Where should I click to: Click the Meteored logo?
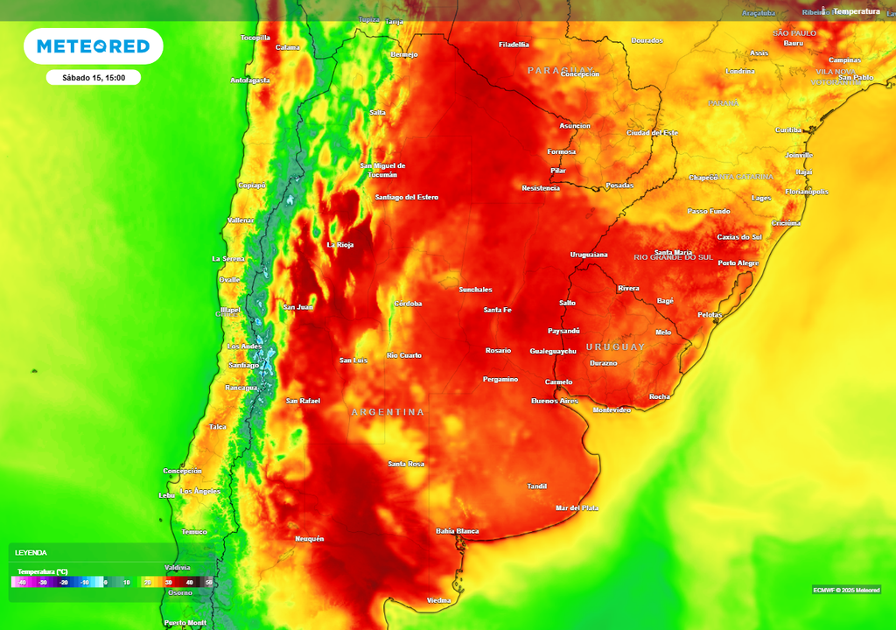pyautogui.click(x=93, y=46)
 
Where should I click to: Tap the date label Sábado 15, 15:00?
pyautogui.click(x=94, y=78)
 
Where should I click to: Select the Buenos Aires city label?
pyautogui.click(x=555, y=401)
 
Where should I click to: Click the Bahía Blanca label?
pyautogui.click(x=457, y=531)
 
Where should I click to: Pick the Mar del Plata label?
pyautogui.click(x=577, y=507)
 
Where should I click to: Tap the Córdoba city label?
pyautogui.click(x=408, y=304)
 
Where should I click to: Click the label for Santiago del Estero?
pyautogui.click(x=406, y=197)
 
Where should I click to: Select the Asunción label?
pyautogui.click(x=575, y=125)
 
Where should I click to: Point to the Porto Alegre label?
pyautogui.click(x=738, y=262)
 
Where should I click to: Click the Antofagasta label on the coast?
pyautogui.click(x=250, y=80)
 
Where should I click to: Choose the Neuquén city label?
pyautogui.click(x=310, y=538)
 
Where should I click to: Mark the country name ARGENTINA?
pyautogui.click(x=388, y=411)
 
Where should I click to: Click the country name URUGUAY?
pyautogui.click(x=615, y=346)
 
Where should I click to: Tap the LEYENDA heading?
pyautogui.click(x=31, y=553)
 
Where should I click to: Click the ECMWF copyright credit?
pyautogui.click(x=846, y=589)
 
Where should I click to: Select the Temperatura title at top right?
pyautogui.click(x=856, y=11)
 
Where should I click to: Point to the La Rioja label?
pyautogui.click(x=339, y=244)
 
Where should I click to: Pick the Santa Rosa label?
pyautogui.click(x=406, y=463)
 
